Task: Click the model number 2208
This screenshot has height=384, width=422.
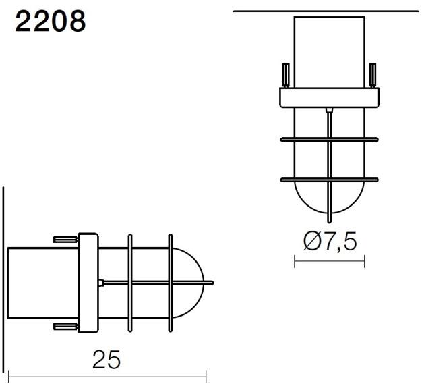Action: (x=51, y=22)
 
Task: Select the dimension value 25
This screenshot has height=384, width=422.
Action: (x=106, y=359)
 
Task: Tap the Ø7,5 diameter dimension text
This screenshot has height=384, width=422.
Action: (x=330, y=242)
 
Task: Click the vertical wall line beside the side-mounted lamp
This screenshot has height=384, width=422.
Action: (x=4, y=283)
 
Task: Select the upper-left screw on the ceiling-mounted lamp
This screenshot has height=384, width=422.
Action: (x=285, y=76)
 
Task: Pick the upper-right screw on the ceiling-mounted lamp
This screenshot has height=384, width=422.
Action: (x=372, y=76)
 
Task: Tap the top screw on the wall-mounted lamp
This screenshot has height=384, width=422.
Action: (x=65, y=238)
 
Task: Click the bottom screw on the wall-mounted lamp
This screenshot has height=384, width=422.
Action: (x=65, y=327)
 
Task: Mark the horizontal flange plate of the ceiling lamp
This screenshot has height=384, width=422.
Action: (x=329, y=99)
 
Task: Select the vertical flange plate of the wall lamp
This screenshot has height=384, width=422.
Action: (x=89, y=282)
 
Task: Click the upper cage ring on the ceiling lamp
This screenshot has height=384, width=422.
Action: (x=329, y=140)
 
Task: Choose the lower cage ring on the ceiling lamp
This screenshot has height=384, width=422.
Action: (x=329, y=179)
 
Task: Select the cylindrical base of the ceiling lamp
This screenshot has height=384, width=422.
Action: (x=329, y=53)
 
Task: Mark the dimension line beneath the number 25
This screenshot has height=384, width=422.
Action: (x=106, y=377)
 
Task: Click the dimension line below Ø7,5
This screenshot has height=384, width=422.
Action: (x=329, y=261)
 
